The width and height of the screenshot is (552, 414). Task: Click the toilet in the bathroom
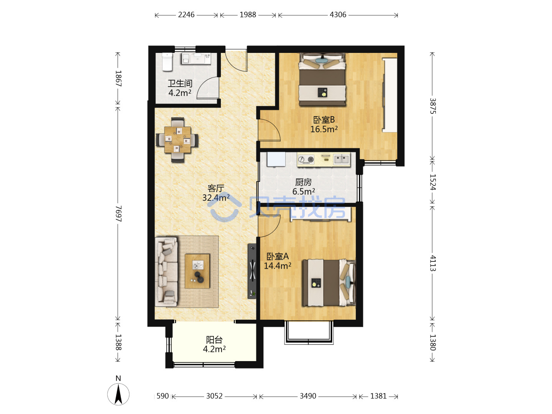point(167,62)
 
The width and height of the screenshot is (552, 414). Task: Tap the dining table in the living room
point(177,140)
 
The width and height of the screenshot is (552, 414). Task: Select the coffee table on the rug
point(197,271)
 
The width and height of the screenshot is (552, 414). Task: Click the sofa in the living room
point(166,271)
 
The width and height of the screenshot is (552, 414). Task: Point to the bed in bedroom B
point(322,79)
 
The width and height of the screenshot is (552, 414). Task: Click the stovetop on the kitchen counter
point(306,159)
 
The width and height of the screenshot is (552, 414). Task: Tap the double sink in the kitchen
point(342,159)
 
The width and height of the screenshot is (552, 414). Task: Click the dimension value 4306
point(338,15)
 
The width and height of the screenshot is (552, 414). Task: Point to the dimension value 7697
point(118,214)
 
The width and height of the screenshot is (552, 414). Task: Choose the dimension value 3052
point(214,396)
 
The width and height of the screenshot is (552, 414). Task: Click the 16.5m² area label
point(324,129)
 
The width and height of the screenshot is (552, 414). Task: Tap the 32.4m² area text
point(216,198)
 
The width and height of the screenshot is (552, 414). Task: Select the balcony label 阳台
point(214,340)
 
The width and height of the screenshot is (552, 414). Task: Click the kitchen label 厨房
point(303,182)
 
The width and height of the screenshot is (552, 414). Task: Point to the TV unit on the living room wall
point(252,271)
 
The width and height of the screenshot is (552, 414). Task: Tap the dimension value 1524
point(432,182)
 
